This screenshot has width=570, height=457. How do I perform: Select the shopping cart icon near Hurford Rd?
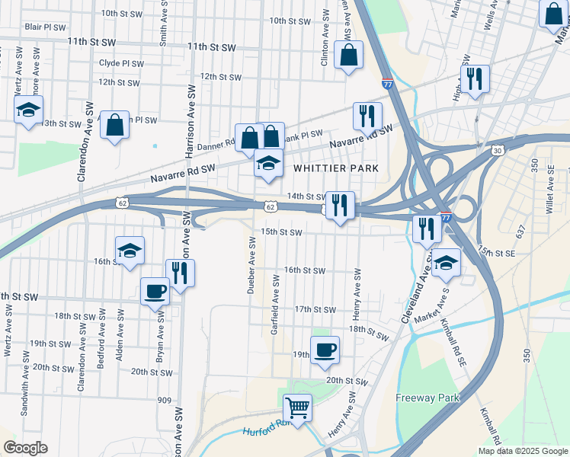tap(297, 407)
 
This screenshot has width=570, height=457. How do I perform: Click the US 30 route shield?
tap(497, 151)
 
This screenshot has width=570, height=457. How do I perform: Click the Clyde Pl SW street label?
tap(121, 63)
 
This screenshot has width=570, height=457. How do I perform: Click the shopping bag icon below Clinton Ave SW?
tap(349, 55)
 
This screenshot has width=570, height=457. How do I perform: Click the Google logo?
tap(25, 448)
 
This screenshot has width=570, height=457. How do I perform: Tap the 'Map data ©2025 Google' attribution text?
tap(523, 451)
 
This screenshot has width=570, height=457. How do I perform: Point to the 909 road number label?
tap(165, 400)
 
